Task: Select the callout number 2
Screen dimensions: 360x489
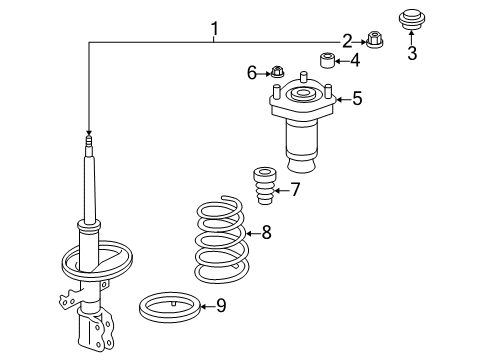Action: [347, 41]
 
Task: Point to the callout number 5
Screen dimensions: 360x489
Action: [356, 98]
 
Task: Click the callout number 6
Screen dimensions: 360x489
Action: [253, 72]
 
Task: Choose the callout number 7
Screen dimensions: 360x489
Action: [295, 190]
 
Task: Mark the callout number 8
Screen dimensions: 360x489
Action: [265, 234]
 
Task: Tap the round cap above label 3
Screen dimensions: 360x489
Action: [410, 19]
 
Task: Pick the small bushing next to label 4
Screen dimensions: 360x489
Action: [326, 61]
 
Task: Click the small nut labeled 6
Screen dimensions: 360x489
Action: [277, 72]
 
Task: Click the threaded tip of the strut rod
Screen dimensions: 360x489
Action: [89, 146]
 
